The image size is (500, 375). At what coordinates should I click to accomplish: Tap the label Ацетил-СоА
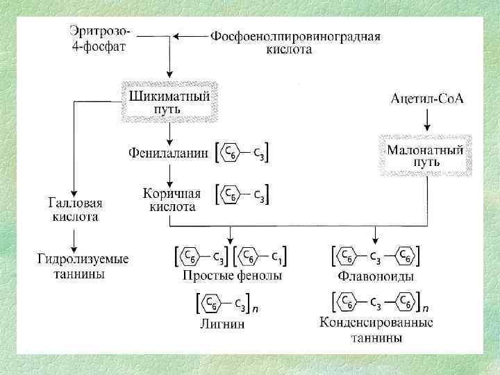click(426, 99)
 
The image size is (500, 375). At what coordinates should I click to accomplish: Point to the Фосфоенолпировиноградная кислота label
click(295, 43)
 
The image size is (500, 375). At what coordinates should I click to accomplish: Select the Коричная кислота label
click(172, 200)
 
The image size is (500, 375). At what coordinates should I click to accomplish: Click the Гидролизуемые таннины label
click(82, 267)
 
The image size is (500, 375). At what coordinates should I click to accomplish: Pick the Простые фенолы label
click(231, 276)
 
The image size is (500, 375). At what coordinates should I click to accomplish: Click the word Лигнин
click(224, 324)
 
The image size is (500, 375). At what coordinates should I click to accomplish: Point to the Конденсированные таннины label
click(376, 331)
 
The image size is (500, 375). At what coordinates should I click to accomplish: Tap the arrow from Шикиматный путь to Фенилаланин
click(170, 133)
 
